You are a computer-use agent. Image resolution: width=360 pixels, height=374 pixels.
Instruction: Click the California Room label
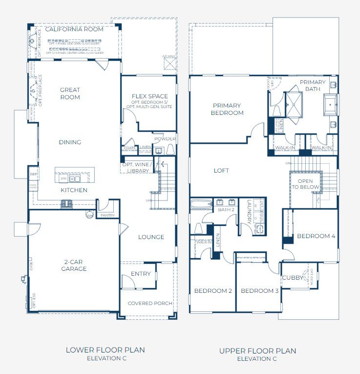(x=74, y=29)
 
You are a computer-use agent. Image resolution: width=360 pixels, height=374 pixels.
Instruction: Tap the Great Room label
(x=70, y=93)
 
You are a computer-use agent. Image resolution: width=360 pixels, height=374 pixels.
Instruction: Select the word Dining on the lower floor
(x=70, y=142)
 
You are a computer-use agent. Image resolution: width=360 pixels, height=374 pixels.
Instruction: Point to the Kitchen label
(x=74, y=190)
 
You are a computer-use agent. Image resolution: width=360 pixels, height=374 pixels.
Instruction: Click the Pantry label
(x=107, y=215)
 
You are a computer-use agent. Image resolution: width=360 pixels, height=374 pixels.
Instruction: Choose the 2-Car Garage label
(x=74, y=265)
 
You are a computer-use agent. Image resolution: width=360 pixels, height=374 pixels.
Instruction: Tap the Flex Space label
(x=150, y=96)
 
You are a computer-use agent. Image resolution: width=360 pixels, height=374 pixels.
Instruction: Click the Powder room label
(x=165, y=139)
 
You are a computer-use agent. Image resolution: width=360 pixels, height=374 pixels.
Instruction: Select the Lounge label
(x=151, y=237)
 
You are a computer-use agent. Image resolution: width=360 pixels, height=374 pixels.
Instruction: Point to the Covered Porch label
(x=150, y=303)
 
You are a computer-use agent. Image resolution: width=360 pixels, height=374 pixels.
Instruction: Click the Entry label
(x=141, y=274)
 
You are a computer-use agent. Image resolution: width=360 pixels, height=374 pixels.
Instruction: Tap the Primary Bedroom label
(x=227, y=109)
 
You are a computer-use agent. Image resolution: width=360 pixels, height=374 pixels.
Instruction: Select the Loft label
(x=221, y=171)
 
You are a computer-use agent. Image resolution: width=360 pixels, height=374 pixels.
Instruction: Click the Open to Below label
(x=305, y=184)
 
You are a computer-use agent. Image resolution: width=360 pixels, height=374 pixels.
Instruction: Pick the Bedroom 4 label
(x=316, y=236)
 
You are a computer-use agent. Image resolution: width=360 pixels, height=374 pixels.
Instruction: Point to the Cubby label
(x=293, y=278)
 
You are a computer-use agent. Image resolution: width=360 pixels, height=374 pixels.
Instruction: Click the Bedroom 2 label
(x=213, y=291)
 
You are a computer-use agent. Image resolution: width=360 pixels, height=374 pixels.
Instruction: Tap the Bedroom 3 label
(x=259, y=291)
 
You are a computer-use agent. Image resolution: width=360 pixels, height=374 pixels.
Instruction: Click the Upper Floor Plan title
(x=257, y=351)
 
